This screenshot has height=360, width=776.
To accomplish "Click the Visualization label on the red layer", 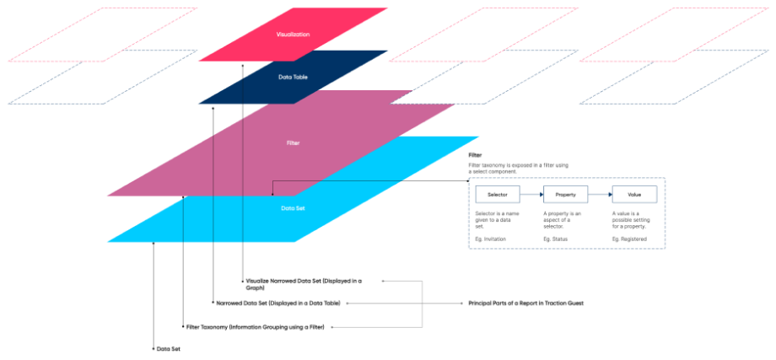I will point(293,35).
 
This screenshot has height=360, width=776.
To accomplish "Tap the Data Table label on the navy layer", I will point(293,77).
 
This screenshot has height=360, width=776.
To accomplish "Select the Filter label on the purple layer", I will point(293,143).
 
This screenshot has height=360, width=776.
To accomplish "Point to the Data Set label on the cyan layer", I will point(293,207).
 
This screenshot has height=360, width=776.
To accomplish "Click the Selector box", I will point(497,195).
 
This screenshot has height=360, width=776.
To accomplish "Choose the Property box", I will point(565,195).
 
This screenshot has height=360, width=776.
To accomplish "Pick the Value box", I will point(633,195).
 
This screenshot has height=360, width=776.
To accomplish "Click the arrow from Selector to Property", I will point(531,195).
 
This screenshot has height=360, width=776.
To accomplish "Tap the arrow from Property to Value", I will point(599,195).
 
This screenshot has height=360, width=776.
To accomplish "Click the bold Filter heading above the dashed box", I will point(475,156).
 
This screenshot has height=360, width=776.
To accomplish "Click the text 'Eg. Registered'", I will point(629,239).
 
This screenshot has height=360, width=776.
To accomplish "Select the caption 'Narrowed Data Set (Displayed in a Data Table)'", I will point(278,302).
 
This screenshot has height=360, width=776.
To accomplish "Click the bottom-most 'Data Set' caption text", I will point(168,348).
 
